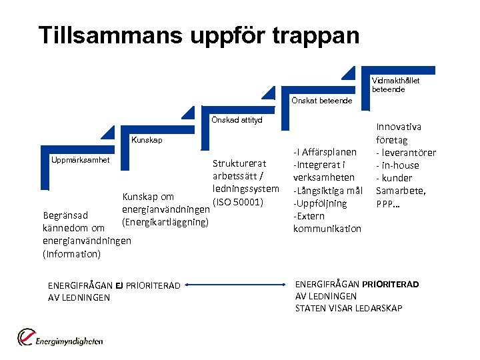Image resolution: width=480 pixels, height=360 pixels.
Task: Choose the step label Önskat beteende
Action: click(321, 101)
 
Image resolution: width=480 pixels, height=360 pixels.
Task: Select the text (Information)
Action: click(71, 254)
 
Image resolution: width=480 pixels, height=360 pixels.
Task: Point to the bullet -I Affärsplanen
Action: click(325, 153)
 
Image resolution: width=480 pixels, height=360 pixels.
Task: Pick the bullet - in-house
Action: click(398, 165)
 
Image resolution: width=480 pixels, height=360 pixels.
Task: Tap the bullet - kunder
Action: click(395, 178)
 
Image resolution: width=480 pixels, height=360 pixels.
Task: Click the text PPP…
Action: click(389, 203)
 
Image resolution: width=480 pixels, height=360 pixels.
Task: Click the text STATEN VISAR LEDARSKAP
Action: click(349, 308)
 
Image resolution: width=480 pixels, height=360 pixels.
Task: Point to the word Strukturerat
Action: click(239, 164)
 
